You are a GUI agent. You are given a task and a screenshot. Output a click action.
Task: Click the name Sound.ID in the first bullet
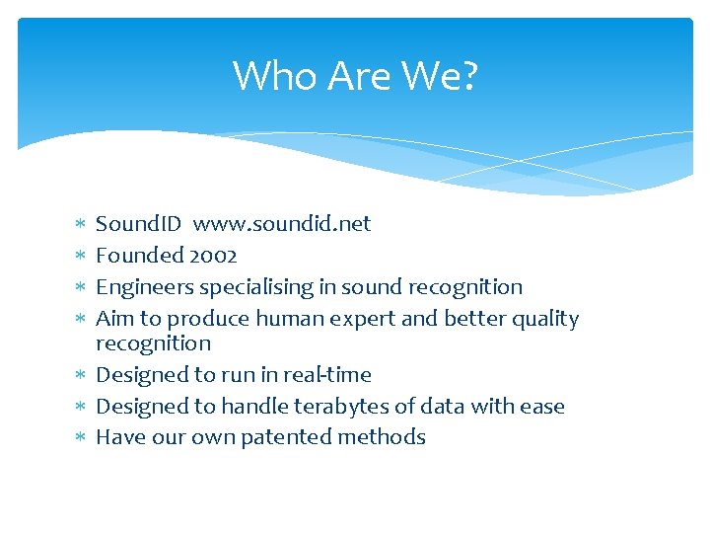tap(138, 224)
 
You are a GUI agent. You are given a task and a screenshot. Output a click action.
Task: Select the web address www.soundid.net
tap(282, 224)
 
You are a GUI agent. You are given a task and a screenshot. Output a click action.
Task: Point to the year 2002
tap(214, 256)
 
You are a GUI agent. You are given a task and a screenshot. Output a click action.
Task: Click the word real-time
tap(326, 375)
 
